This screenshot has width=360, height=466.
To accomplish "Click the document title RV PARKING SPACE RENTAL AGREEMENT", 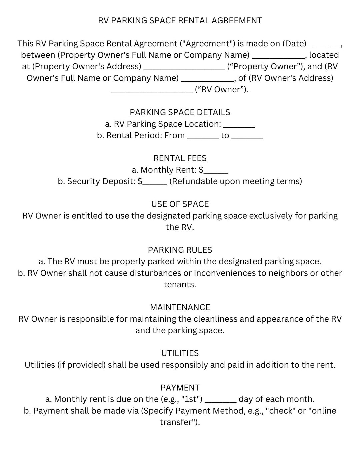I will coord(180,21).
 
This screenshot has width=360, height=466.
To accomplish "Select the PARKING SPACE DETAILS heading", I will coord(180,112).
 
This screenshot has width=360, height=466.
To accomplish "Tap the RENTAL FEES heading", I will coord(180,158).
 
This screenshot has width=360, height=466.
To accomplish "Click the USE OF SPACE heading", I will coord(180,204).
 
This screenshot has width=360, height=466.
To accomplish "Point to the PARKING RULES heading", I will coord(180,250).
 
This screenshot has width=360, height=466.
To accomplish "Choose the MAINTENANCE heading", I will coord(180,307).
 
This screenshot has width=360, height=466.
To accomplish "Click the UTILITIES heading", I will coord(180,353).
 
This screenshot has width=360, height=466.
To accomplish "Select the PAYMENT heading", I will coord(180,388).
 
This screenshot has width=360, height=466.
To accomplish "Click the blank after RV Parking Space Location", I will coord(239,126).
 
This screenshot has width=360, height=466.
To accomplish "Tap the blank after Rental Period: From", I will coord(203,137).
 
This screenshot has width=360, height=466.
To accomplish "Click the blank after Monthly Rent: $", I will coord(216,172).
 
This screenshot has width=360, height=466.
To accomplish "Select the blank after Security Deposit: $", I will coord(155,183).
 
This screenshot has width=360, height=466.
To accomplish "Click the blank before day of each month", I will coord(221,401).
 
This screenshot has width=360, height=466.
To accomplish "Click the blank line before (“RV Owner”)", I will coord(152,92).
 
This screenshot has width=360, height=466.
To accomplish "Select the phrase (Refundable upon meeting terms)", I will coord(236,181).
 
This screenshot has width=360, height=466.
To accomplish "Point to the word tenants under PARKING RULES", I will coord(180,285).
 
